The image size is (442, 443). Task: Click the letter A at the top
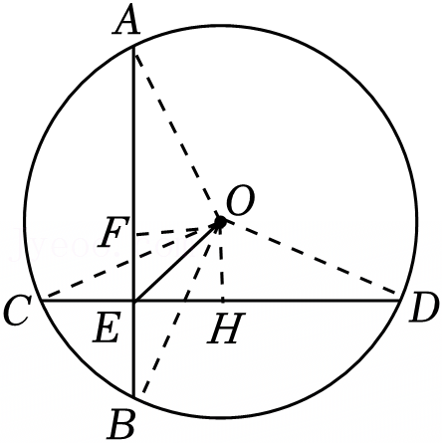pos(126,22)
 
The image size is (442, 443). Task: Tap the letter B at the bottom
pos(122,425)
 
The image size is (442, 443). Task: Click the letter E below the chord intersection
pos(107,329)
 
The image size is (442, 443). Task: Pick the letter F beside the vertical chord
pos(111,232)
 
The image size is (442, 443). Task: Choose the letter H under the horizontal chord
pos(226,329)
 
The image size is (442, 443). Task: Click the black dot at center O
pos(220,221)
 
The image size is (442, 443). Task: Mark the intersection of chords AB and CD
pos(133,301)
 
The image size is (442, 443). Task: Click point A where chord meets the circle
pos(133,47)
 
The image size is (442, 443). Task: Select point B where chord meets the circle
pos(133,395)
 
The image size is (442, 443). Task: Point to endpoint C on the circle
pos(41,301)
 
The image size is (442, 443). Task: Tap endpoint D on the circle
pos(400,301)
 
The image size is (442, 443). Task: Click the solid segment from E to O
pos(176,261)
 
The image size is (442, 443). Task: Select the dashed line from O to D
pos(311,258)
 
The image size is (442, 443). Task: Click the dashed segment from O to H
pos(222,261)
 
